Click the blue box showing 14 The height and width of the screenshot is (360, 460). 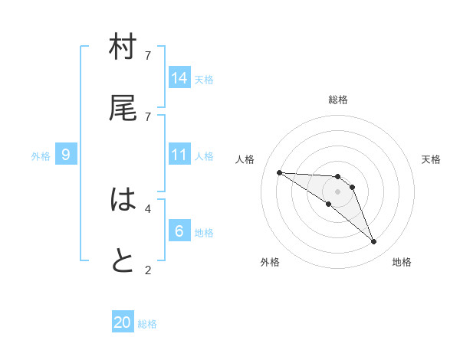[x=179, y=77]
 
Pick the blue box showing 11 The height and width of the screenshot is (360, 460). [x=179, y=155]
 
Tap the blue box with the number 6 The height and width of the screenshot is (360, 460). [x=179, y=231]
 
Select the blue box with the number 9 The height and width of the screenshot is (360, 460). [x=66, y=155]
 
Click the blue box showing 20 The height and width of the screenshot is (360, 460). [x=123, y=322]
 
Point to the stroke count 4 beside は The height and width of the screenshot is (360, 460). [x=148, y=208]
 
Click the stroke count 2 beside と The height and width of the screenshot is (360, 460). [x=148, y=270]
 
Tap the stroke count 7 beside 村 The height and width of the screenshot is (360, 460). [x=148, y=55]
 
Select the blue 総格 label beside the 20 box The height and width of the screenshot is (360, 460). [x=147, y=324]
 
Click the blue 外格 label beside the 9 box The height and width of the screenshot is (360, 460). [x=41, y=156]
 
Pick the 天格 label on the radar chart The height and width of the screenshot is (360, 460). [x=431, y=159]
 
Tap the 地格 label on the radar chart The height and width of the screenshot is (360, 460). [x=402, y=262]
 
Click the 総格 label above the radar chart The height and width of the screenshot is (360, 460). [x=337, y=100]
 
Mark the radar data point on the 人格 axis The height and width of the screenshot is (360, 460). [x=279, y=172]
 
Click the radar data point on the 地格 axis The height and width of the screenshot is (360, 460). [x=373, y=242]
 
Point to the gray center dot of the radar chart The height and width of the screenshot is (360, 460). [x=337, y=191]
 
